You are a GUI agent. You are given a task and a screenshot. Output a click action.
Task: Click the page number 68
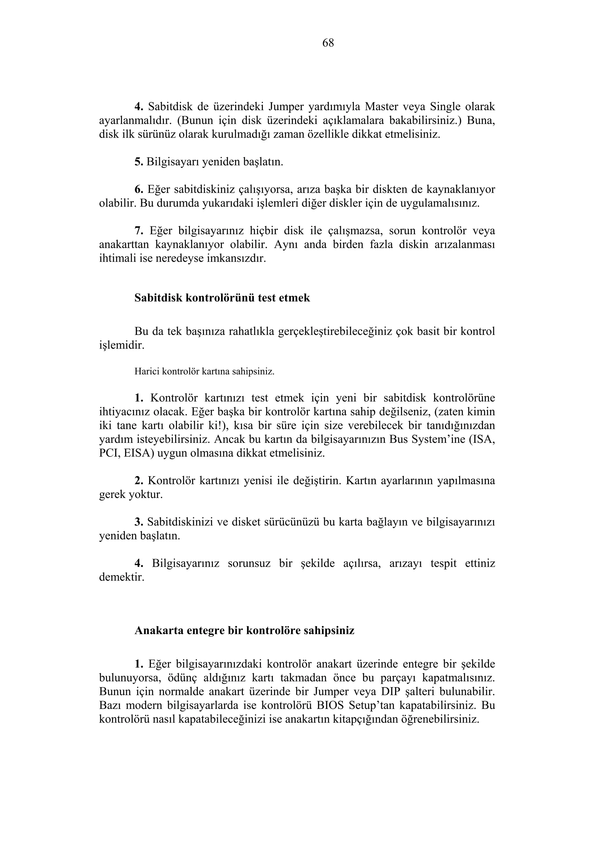(x=328, y=43)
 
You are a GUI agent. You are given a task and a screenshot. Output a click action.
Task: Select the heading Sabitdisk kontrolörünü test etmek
(x=222, y=298)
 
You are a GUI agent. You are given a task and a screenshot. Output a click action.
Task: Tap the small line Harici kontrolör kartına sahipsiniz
(x=204, y=371)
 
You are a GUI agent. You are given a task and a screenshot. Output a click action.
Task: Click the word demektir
(x=122, y=577)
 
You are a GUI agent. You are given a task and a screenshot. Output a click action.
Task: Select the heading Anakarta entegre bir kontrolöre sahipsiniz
(x=245, y=630)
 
